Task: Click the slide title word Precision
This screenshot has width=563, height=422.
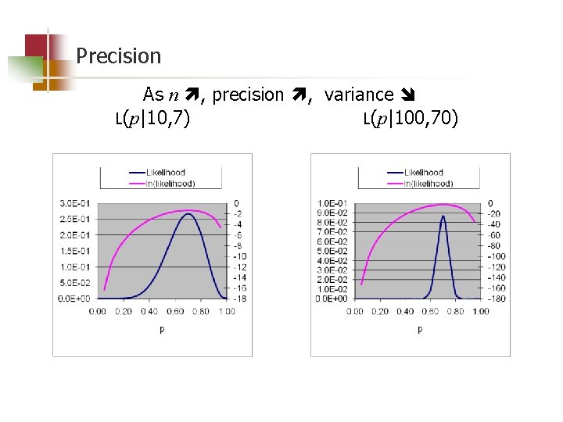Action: coord(118,56)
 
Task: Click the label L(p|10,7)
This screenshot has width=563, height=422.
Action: coord(152,119)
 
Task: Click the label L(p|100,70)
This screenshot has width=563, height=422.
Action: coord(411,119)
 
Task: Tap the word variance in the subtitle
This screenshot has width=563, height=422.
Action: coord(358,95)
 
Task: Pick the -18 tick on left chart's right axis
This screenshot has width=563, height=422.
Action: coord(240,299)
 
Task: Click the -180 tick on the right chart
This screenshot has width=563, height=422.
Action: coord(497,299)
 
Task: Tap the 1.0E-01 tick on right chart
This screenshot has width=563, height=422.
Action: coord(332,203)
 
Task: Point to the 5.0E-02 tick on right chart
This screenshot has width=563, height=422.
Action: coord(332,251)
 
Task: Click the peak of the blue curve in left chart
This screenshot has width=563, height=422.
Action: coord(188,213)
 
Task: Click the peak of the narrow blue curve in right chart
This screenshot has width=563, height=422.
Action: coord(443,216)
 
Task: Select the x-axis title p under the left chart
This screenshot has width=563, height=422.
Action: coord(162,329)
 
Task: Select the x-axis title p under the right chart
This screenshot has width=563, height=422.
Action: coord(419,329)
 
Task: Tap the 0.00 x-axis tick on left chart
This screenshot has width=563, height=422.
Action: coord(98,311)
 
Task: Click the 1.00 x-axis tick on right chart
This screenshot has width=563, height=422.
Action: coord(481,311)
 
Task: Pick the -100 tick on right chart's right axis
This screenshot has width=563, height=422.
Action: coord(497,256)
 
